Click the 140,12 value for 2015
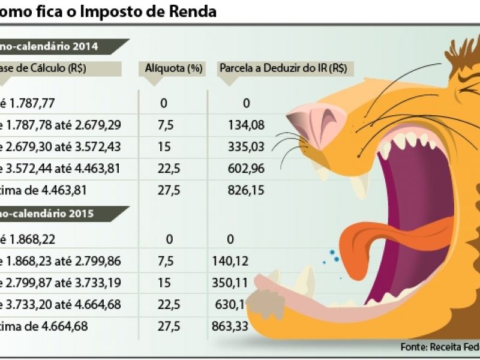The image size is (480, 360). pos(230,261)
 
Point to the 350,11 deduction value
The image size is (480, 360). pos(230,283)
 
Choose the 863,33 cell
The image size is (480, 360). pos(230,326)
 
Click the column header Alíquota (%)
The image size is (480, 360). pos(173,68)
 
